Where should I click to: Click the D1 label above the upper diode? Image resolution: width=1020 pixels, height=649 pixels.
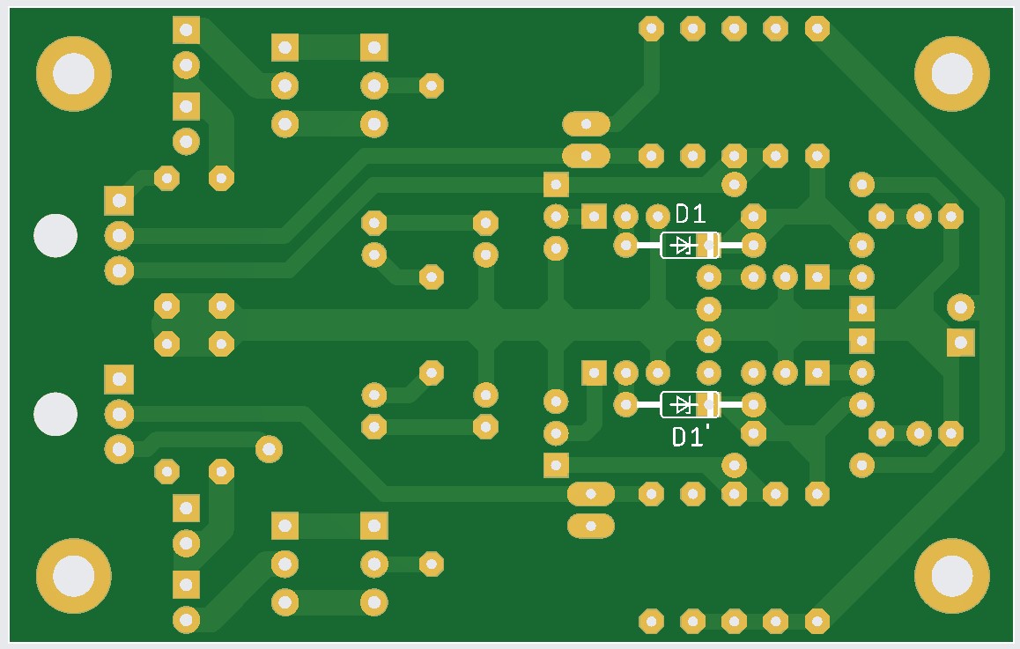tap(691, 214)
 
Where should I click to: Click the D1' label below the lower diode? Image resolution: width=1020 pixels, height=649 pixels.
tap(691, 437)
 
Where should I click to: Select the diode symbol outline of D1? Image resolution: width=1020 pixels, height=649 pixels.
tap(690, 245)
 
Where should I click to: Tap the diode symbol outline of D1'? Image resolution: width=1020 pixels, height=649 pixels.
tap(690, 404)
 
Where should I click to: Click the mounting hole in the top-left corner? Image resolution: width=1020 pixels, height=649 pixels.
tap(73, 73)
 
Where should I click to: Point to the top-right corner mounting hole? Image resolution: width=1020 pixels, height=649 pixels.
tap(951, 73)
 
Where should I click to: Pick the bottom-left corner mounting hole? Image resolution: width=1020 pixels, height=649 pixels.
tap(73, 576)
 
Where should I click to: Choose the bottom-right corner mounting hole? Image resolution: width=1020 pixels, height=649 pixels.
tap(951, 576)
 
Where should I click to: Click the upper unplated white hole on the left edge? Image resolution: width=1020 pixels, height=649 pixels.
tap(55, 235)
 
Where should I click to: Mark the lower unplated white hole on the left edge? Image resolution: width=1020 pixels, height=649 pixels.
tap(55, 414)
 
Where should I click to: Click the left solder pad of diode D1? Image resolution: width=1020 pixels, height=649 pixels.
tap(625, 245)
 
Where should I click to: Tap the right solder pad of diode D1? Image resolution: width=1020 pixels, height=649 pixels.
tap(753, 245)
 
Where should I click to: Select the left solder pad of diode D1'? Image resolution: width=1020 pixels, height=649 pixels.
tap(625, 404)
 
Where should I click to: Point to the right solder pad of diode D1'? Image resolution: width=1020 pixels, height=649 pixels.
tap(753, 404)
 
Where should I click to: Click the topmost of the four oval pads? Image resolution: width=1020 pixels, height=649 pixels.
tap(586, 123)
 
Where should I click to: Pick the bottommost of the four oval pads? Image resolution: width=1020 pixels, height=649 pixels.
tap(591, 526)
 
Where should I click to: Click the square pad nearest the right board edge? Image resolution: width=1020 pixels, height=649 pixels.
tap(961, 342)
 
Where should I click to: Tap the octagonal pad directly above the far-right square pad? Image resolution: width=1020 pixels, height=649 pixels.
tap(961, 307)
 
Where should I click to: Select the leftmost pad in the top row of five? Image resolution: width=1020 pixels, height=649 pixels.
tap(651, 28)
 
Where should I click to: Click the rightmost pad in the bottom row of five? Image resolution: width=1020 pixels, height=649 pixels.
tap(817, 621)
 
